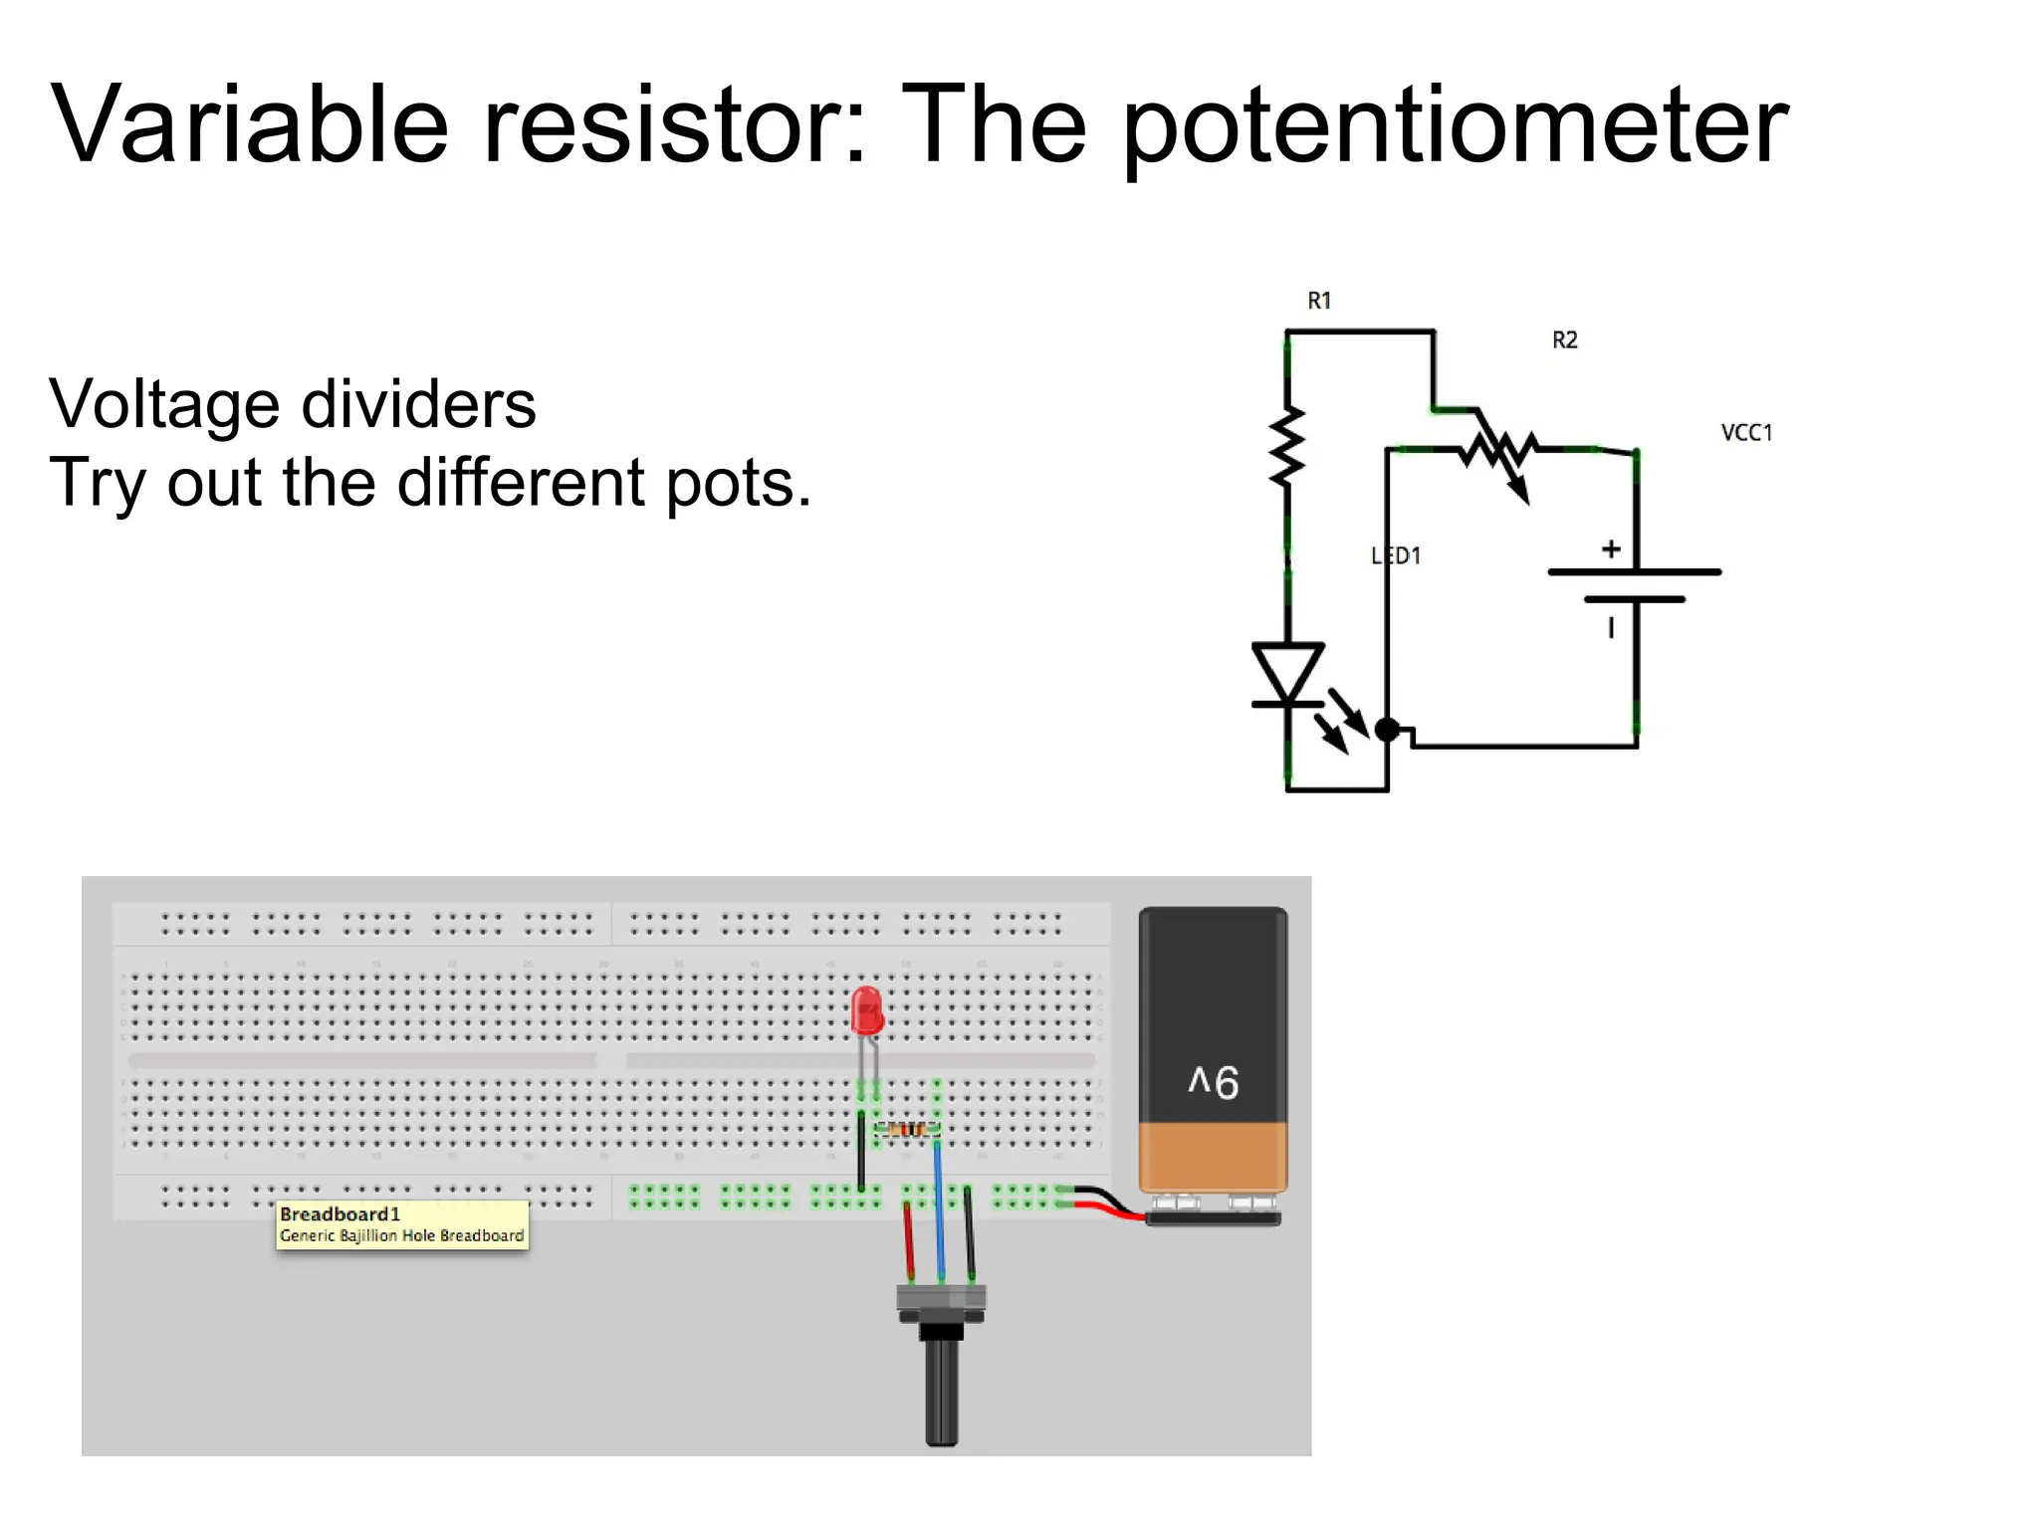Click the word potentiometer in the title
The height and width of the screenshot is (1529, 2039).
tap(1456, 127)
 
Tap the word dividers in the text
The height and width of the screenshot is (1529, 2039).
tap(418, 405)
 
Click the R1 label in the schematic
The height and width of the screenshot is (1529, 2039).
tap(1319, 301)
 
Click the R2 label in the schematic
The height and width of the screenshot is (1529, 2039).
tap(1565, 340)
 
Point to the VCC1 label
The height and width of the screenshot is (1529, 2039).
tap(1746, 433)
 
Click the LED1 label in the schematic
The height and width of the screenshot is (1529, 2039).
tap(1397, 556)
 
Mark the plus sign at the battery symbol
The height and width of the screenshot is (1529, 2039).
tap(1611, 549)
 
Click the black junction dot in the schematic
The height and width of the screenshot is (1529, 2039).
tap(1387, 730)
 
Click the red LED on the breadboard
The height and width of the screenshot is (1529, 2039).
tap(867, 1011)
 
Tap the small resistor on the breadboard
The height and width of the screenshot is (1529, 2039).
tap(906, 1129)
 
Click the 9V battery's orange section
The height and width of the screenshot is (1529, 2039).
tap(1213, 1157)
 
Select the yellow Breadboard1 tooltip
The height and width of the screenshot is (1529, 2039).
tap(402, 1224)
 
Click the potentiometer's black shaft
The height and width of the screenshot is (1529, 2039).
tap(941, 1389)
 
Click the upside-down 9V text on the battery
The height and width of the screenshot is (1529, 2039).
tap(1214, 1082)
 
